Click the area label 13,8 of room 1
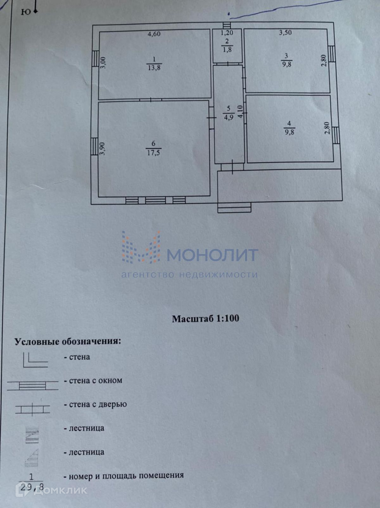point(154,68)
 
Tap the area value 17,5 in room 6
point(154,153)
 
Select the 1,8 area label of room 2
point(227,50)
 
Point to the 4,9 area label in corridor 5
point(229,117)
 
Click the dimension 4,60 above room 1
point(154,34)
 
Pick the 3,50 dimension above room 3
point(285,32)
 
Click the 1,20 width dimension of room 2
point(227,32)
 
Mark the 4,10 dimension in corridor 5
point(240,112)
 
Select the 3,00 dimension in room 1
point(103,62)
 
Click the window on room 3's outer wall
point(331,54)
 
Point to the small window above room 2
point(226,25)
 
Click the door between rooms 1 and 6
point(151,100)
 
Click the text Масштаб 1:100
point(206,318)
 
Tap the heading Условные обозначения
point(68,342)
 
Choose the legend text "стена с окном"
point(95,381)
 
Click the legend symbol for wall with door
point(33,409)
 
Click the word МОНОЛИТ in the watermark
point(212,255)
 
